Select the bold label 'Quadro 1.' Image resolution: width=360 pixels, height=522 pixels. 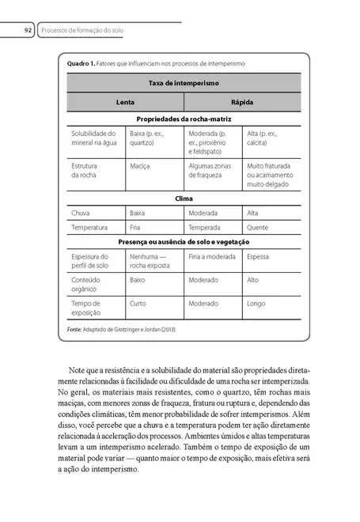click(x=81, y=62)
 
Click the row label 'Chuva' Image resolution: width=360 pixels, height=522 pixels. click(x=80, y=213)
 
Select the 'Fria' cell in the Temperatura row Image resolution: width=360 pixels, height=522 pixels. click(x=136, y=227)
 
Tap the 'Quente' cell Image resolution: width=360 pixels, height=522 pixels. click(x=258, y=227)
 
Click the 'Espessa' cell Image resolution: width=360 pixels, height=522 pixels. click(x=258, y=256)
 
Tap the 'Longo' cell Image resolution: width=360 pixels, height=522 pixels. click(x=256, y=303)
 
